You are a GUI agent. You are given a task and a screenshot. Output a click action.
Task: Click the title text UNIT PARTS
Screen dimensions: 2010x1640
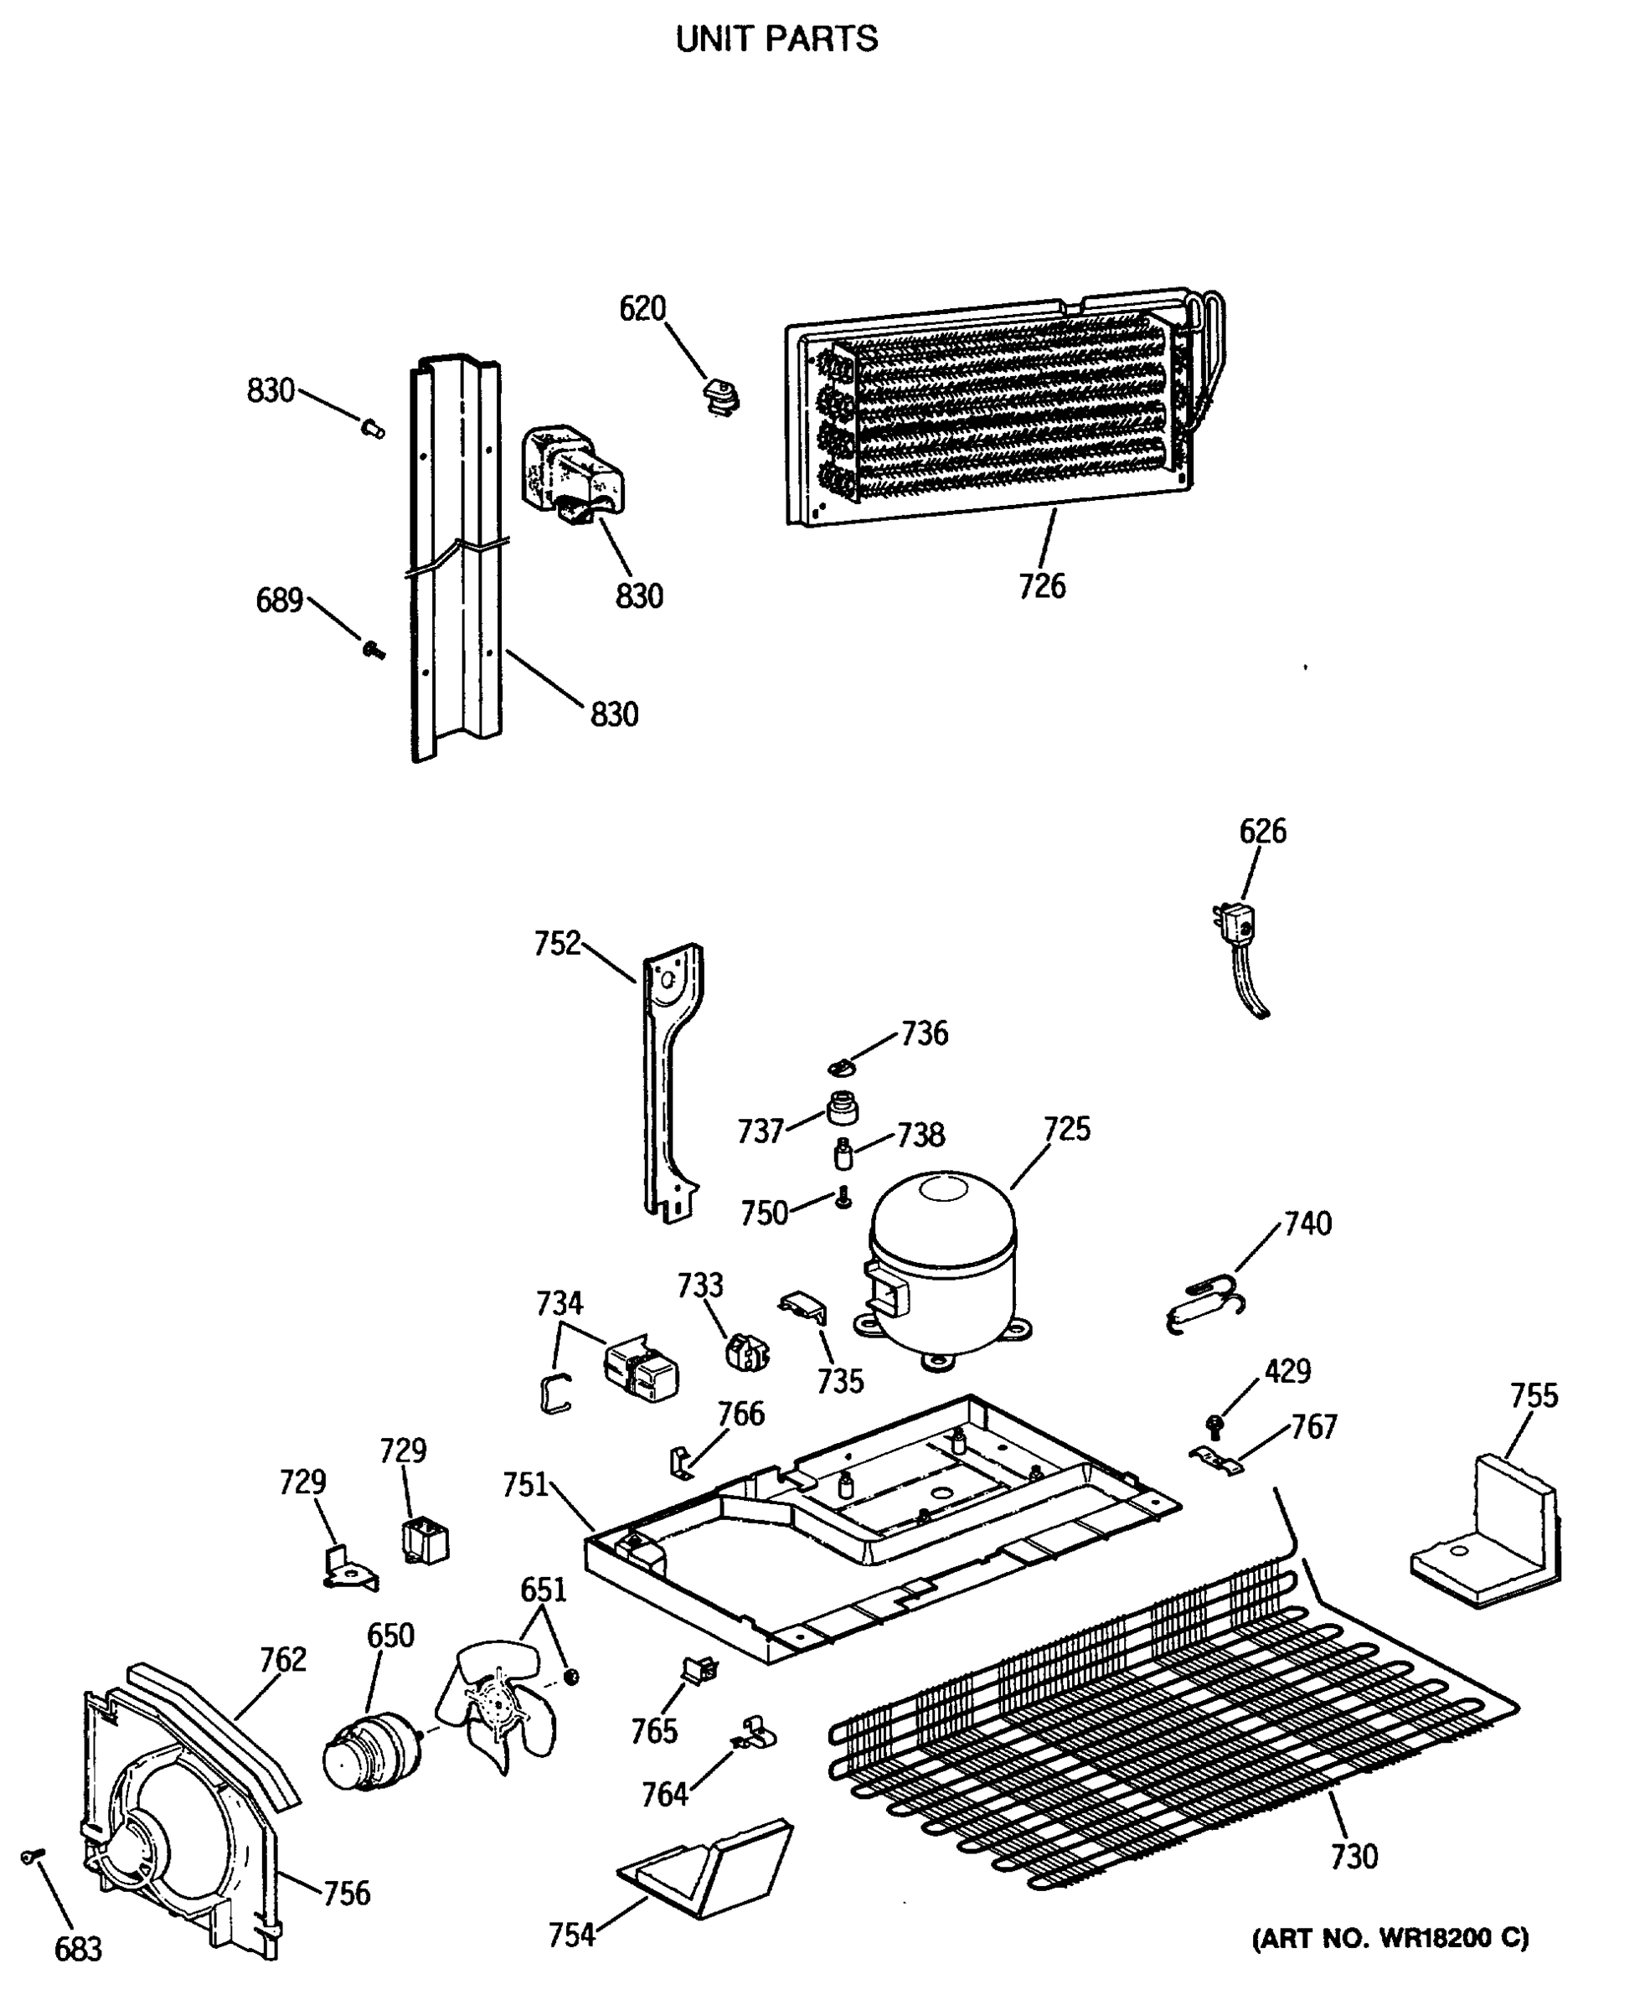pos(776,39)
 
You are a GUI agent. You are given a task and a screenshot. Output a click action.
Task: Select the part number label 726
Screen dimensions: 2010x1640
pos(1041,586)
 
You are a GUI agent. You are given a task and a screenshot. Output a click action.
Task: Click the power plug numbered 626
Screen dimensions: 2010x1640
pos(1235,923)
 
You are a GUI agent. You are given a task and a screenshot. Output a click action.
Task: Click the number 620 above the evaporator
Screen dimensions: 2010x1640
pos(642,309)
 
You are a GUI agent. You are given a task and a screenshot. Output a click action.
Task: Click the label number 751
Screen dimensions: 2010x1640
pos(525,1486)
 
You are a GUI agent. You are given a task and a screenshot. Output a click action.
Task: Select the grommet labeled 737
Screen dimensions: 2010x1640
pos(841,1108)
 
